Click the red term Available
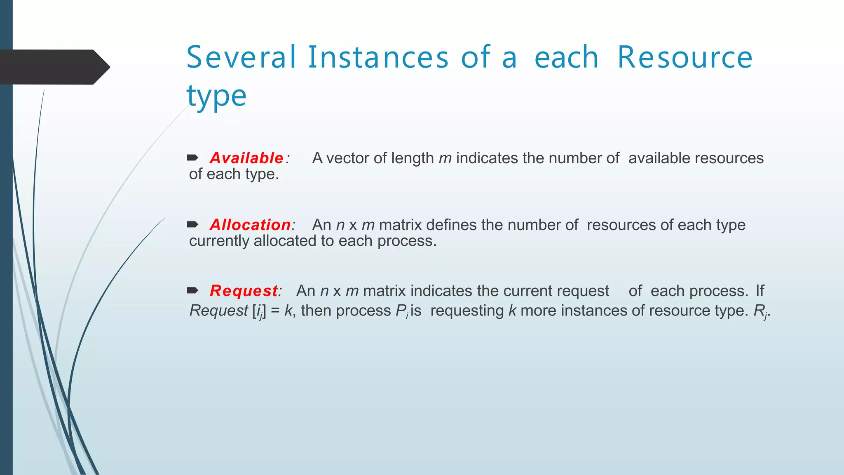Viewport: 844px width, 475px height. point(246,158)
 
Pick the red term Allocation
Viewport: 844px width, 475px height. point(250,225)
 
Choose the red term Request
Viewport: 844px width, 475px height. point(244,291)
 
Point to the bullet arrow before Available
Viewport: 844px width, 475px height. point(192,158)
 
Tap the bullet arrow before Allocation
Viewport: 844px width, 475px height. point(192,225)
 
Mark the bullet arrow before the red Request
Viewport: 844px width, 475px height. point(192,291)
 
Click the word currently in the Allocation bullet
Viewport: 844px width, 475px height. point(219,241)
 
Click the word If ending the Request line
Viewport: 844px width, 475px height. point(760,291)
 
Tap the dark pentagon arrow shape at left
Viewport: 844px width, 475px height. point(54,67)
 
